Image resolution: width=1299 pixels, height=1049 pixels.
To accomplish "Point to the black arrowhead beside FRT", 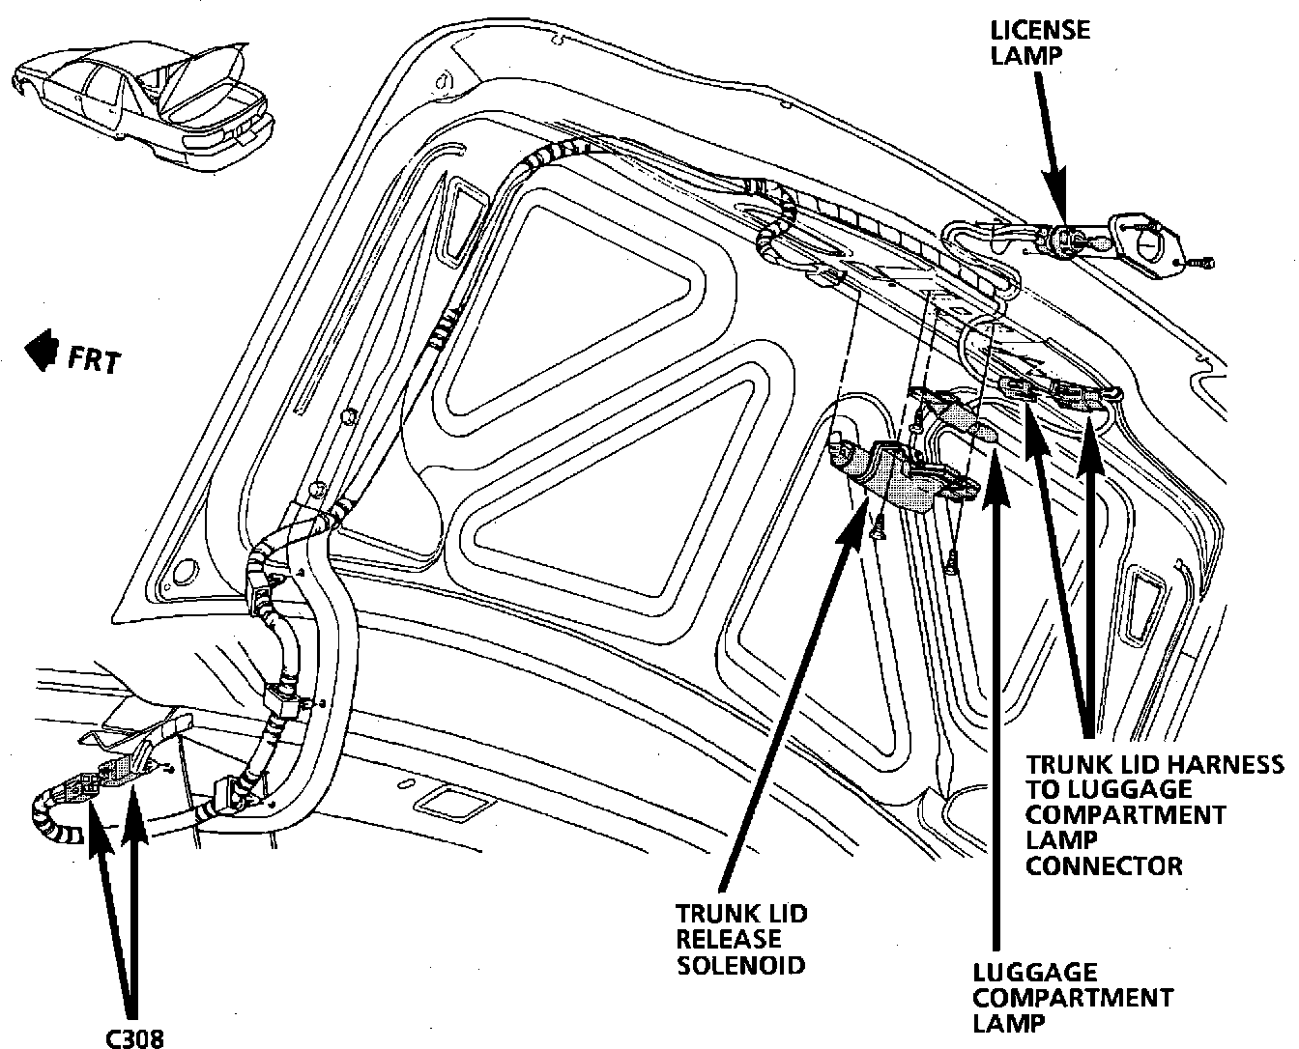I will click(x=42, y=353).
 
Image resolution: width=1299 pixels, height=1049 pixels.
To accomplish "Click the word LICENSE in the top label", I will click(x=1040, y=29).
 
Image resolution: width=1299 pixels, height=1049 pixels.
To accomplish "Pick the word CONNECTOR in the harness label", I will click(x=1104, y=865).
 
